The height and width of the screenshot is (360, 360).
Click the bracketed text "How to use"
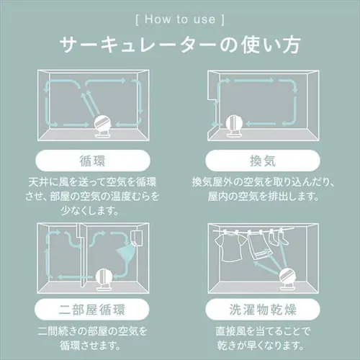[179, 15]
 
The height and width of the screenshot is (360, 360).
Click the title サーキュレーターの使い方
[179, 45]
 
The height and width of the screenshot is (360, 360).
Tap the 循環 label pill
[94, 159]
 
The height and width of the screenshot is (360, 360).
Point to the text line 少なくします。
[94, 212]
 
